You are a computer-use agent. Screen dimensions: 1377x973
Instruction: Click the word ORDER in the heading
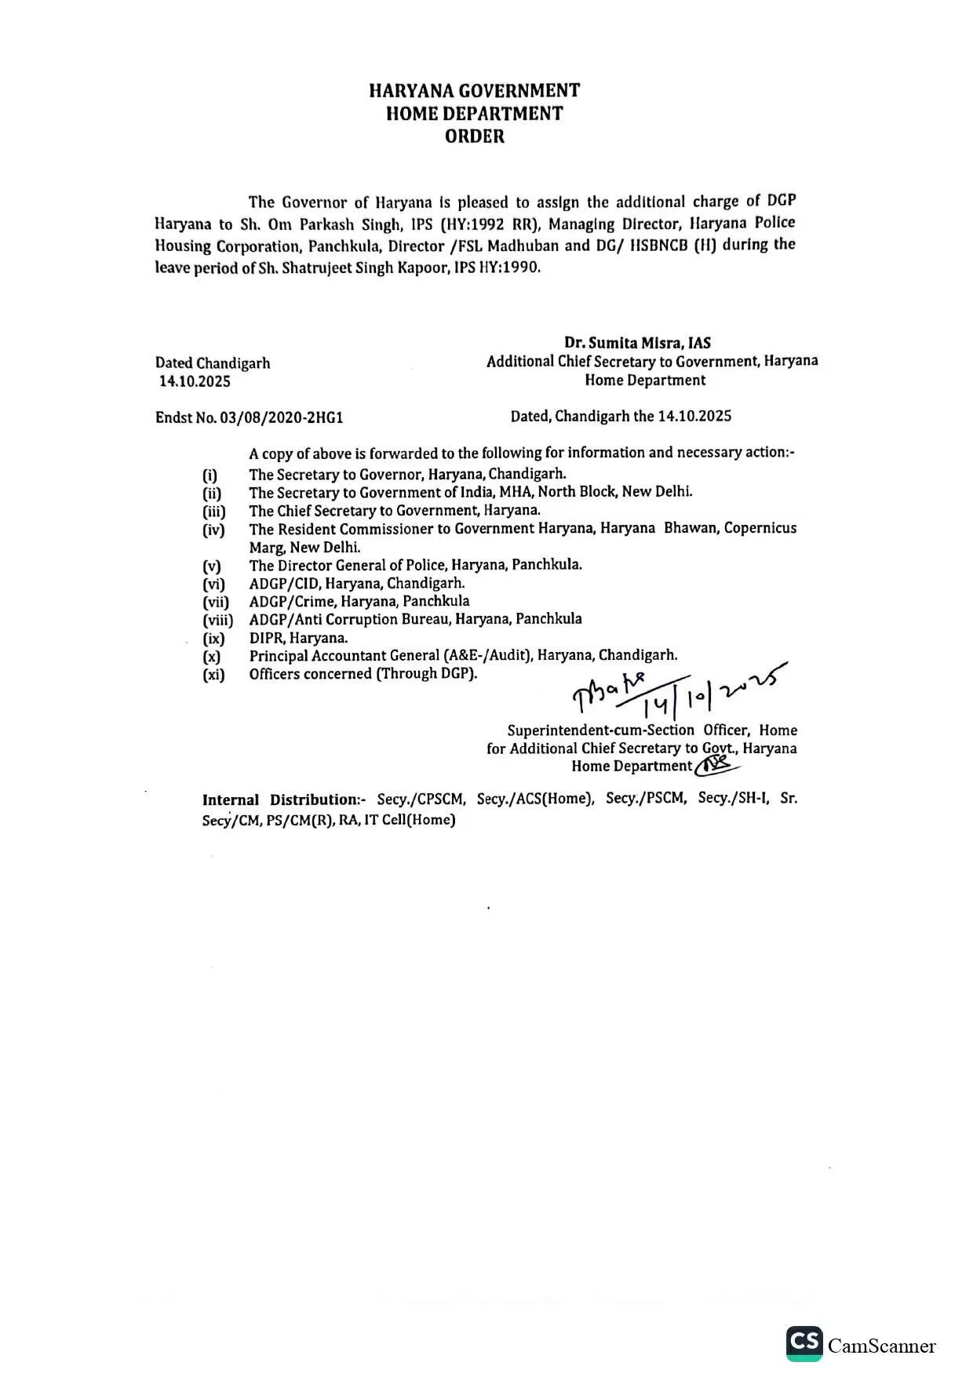(474, 137)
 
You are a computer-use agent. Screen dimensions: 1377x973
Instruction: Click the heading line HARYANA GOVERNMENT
(474, 91)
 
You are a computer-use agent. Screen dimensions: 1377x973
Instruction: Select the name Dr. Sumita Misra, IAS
(637, 343)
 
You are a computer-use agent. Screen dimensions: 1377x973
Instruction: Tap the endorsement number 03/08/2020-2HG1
(281, 417)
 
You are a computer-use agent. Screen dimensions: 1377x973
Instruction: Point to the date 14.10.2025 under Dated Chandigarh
(195, 382)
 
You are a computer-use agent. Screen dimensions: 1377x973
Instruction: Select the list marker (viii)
(217, 621)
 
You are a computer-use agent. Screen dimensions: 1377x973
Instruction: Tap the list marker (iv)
(213, 530)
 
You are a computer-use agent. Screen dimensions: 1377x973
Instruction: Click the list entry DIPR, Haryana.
(298, 638)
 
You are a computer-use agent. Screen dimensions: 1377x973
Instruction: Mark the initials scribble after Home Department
(716, 764)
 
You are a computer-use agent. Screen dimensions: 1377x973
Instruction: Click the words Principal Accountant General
(344, 656)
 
